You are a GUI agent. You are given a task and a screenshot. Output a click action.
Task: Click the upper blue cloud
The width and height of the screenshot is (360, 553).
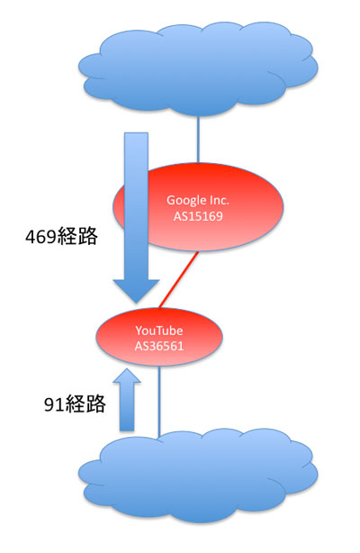coord(198,69)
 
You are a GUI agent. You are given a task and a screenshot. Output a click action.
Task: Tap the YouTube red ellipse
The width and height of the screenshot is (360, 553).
coord(159,337)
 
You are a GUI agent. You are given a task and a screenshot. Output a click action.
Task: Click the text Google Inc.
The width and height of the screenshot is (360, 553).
coord(198,200)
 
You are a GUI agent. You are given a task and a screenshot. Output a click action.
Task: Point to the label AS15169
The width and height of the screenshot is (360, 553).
coord(198,216)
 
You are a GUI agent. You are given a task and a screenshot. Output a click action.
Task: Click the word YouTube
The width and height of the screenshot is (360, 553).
coord(159,331)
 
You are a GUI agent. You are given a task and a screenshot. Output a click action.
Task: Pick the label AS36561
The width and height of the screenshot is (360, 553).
coord(159,346)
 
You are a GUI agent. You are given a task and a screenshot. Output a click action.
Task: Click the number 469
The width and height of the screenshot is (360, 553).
coord(40,236)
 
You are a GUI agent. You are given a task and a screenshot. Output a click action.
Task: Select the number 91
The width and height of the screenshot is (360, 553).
coord(54,404)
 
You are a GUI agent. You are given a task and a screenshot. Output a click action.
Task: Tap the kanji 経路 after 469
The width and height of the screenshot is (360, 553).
coord(76,236)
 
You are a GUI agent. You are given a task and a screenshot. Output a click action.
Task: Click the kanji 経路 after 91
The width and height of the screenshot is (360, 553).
coord(85,403)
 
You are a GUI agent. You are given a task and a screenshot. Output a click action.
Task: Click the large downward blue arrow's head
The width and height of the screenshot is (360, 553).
coord(136,291)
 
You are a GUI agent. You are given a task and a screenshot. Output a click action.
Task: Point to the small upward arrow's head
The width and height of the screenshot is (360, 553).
coord(127,376)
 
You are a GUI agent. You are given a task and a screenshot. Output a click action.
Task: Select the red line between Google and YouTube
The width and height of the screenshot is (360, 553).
coord(179,280)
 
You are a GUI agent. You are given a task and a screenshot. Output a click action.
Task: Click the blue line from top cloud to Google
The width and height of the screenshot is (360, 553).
coord(198,140)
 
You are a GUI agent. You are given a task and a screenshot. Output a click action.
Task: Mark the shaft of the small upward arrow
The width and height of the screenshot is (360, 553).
coord(127,407)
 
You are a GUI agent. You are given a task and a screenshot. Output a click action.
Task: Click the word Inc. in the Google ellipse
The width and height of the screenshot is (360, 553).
coord(220,200)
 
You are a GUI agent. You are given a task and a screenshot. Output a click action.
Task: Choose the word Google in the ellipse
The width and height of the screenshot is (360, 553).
coord(186,201)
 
